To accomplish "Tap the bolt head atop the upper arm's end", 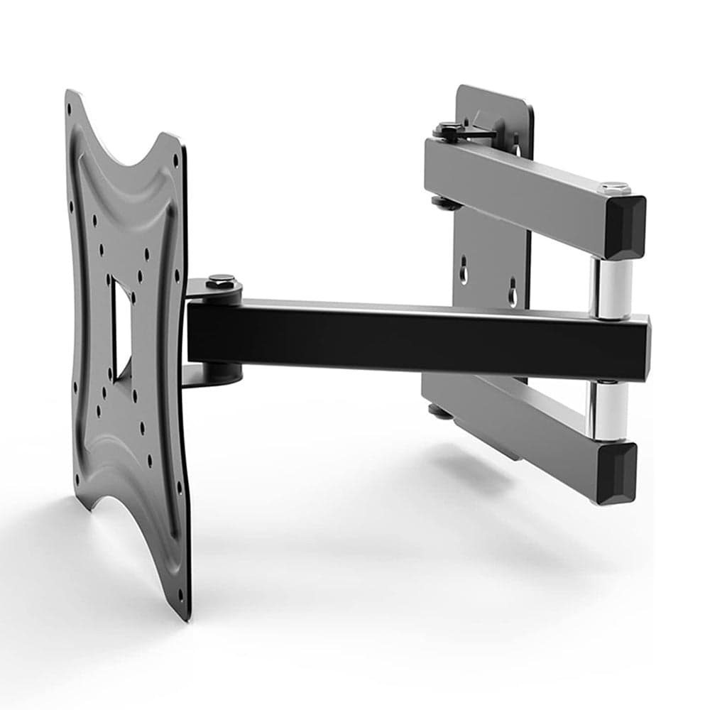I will pyautogui.click(x=614, y=187).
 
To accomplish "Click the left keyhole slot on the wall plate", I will pyautogui.click(x=463, y=272).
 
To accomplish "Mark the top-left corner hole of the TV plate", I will pyautogui.click(x=69, y=109).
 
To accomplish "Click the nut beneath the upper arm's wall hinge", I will pyautogui.click(x=444, y=203).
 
